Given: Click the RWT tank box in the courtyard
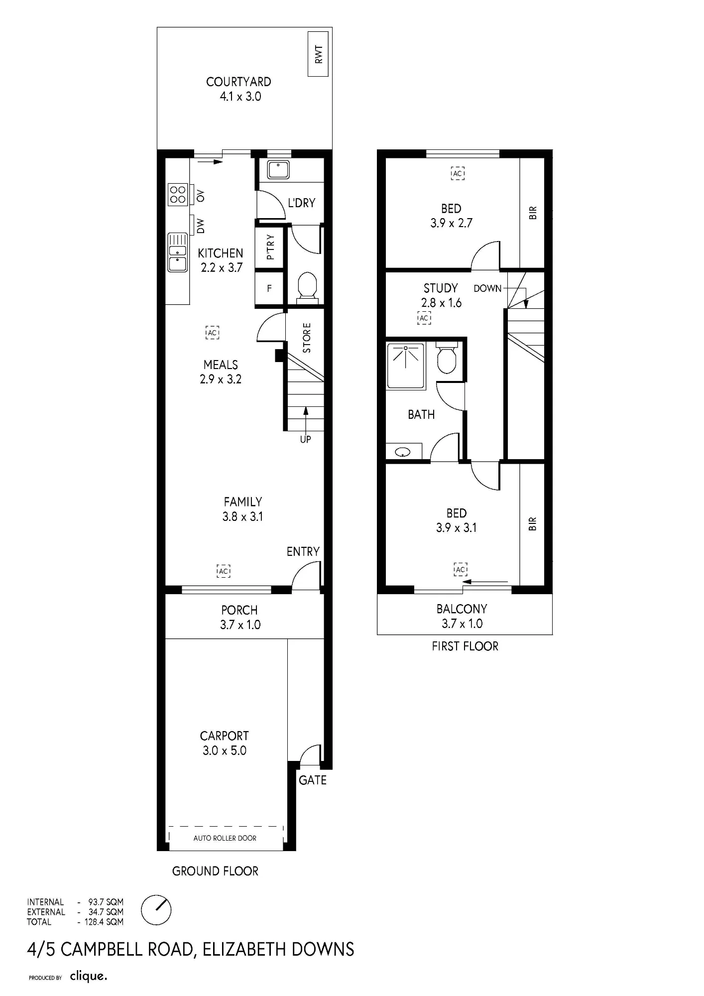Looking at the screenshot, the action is tap(318, 54).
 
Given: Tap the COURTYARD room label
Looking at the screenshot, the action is tap(238, 82).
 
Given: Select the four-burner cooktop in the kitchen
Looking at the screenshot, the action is tap(178, 195).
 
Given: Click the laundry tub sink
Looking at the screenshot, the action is tap(278, 170).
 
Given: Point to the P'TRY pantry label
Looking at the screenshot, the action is tap(270, 247).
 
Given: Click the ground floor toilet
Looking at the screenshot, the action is tap(307, 287).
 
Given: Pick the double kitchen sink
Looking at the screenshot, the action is tap(178, 252).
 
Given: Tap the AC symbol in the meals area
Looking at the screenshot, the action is tap(213, 332).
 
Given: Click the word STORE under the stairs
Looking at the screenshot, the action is tap(307, 338).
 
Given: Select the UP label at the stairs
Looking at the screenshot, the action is tap(305, 439).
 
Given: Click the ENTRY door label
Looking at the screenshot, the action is tap(303, 551).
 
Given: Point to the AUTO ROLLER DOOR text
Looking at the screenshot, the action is tap(225, 838).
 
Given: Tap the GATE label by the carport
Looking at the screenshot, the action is tap(313, 780).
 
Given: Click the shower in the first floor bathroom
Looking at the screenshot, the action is tap(406, 366).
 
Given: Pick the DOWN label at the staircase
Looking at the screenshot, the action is tap(487, 288).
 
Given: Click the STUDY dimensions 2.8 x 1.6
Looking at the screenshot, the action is tap(441, 303).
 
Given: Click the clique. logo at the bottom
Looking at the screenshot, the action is tap(89, 976).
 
